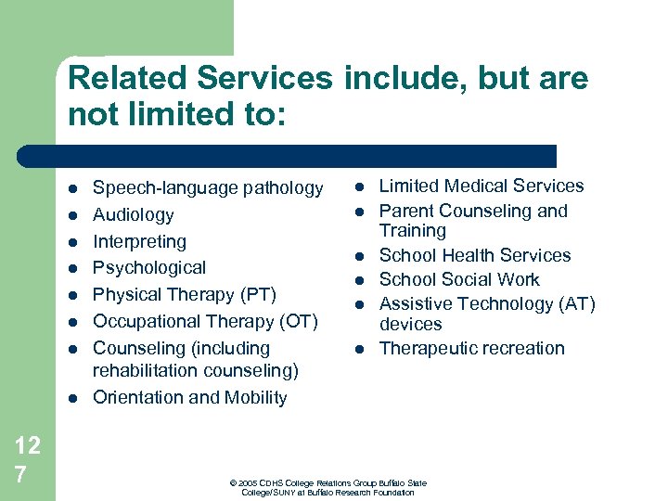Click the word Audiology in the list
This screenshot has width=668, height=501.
[x=133, y=215]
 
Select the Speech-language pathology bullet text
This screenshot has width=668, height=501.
[x=208, y=188]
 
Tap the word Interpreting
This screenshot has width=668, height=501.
[x=139, y=242]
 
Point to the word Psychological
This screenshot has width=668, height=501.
[x=149, y=268]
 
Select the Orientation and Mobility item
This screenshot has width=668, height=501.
[x=189, y=398]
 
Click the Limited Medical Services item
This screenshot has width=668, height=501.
[x=482, y=186]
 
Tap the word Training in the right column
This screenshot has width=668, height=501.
[x=413, y=231]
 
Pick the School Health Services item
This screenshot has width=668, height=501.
[x=475, y=255]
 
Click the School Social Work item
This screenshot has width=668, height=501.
[x=459, y=279]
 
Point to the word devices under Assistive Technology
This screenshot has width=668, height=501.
[x=411, y=325]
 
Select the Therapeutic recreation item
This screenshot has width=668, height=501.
[x=471, y=349]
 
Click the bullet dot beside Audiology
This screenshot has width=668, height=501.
[x=73, y=215]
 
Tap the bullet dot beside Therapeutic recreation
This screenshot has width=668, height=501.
[x=358, y=349]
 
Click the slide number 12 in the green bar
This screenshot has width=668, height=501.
[x=27, y=445]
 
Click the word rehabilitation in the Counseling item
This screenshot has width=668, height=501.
[x=146, y=371]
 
